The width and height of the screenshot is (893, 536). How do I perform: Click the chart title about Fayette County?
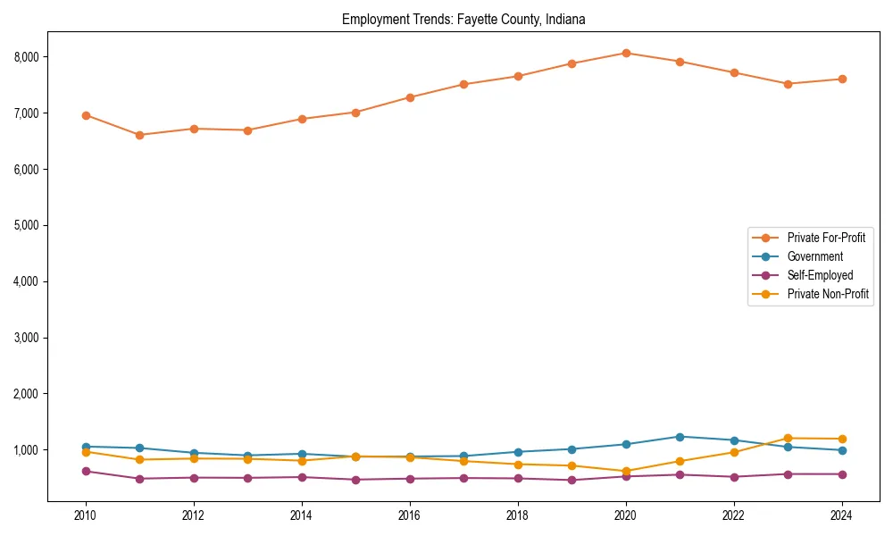coord(463,19)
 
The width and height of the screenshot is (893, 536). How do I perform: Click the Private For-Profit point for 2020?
coord(626,53)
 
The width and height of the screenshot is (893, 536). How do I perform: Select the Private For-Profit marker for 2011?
coord(139,135)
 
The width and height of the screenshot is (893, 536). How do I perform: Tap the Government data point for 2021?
coord(680,437)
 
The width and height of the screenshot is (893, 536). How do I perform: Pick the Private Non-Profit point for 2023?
coord(788,439)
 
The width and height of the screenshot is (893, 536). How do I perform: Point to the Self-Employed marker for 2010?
coord(86,471)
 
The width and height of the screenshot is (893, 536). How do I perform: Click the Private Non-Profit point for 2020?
coord(626,471)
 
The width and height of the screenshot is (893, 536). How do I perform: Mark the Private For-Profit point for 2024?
coord(842,79)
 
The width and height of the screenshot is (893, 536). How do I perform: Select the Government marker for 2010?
coord(86,447)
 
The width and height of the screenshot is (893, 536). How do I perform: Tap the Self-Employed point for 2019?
coord(572,480)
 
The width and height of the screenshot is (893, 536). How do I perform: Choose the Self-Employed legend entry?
coord(820,275)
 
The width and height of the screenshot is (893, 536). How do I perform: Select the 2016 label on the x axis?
coord(410,515)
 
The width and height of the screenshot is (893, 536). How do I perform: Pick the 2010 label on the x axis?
coord(86,515)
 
